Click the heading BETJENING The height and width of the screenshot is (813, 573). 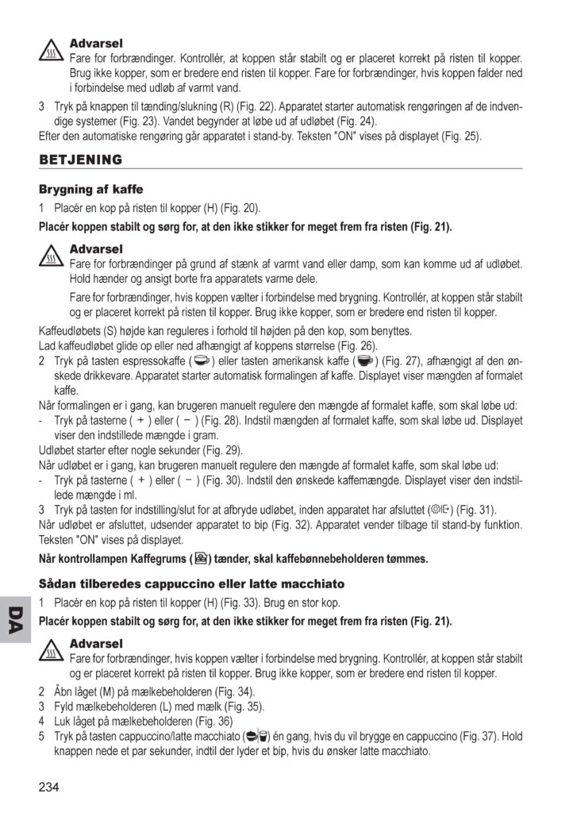(80, 160)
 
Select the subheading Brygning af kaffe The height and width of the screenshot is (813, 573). (90, 191)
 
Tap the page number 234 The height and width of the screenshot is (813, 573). (48, 787)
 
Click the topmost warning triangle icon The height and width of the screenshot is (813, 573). (52, 51)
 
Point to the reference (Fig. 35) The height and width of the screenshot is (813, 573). (241, 706)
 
